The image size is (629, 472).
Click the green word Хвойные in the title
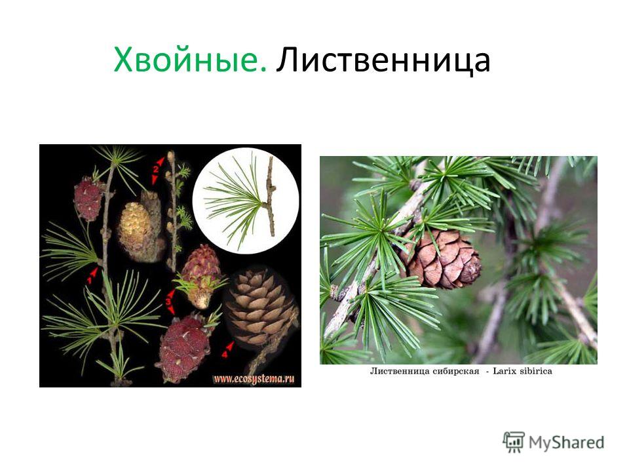(x=190, y=60)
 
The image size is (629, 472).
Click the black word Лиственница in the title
(x=383, y=60)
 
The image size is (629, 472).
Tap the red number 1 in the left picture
(x=91, y=277)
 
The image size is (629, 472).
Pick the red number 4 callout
(x=227, y=350)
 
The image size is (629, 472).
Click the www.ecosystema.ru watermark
(x=254, y=378)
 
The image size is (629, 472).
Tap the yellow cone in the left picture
(x=136, y=227)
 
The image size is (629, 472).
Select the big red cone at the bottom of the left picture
(x=183, y=347)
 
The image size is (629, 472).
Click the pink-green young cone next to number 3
(x=199, y=276)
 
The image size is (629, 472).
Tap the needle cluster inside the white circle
(x=235, y=201)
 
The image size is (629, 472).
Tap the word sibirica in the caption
(x=536, y=371)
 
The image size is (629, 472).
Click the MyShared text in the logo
(x=566, y=442)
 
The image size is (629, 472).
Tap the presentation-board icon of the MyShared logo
(x=514, y=442)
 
